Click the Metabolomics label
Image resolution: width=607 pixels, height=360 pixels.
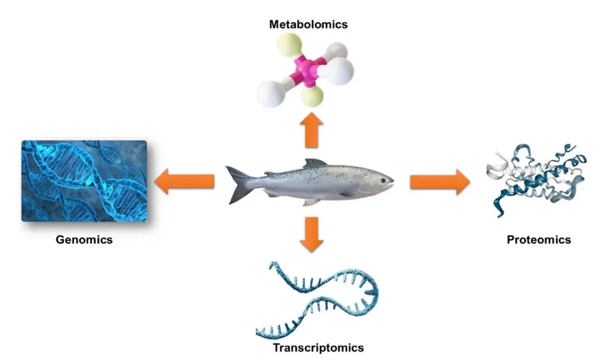pos(308,25)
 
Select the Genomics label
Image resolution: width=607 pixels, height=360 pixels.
pos(84,240)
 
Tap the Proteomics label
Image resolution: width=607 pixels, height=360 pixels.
pos(538,240)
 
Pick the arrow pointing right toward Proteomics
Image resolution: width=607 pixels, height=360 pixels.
pos(439,181)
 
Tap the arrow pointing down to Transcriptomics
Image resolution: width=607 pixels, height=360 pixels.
pos(310,235)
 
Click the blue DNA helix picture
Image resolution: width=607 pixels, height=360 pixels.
pos(84,180)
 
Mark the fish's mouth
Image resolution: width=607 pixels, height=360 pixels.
pos(391,187)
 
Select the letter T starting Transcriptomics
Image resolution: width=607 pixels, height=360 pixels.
pos(276,348)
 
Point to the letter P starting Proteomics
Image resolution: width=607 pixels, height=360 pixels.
pos(510,240)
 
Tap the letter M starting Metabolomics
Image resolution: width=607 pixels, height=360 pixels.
pos(274,25)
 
